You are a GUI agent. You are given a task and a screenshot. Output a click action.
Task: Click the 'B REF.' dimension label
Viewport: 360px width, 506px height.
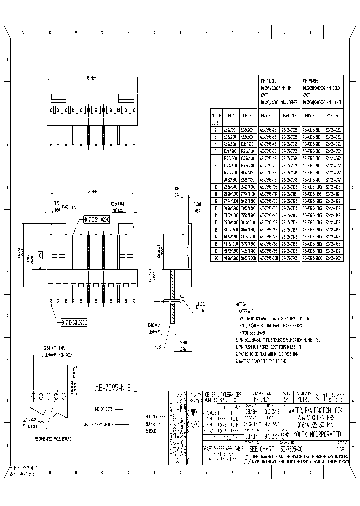pos(91,78)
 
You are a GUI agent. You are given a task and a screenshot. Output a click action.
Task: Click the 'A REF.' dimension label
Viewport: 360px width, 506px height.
pos(92,191)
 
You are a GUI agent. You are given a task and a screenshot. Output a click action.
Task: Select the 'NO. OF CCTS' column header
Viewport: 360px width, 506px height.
pos(215,117)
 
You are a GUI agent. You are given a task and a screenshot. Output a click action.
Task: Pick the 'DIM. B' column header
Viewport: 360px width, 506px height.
pos(247,115)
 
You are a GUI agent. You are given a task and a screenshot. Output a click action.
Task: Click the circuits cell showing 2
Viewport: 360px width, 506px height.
pos(215,129)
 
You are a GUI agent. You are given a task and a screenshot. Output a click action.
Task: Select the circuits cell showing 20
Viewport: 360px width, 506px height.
pos(215,258)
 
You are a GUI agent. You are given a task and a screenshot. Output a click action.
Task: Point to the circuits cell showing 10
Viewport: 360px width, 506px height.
pos(215,186)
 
